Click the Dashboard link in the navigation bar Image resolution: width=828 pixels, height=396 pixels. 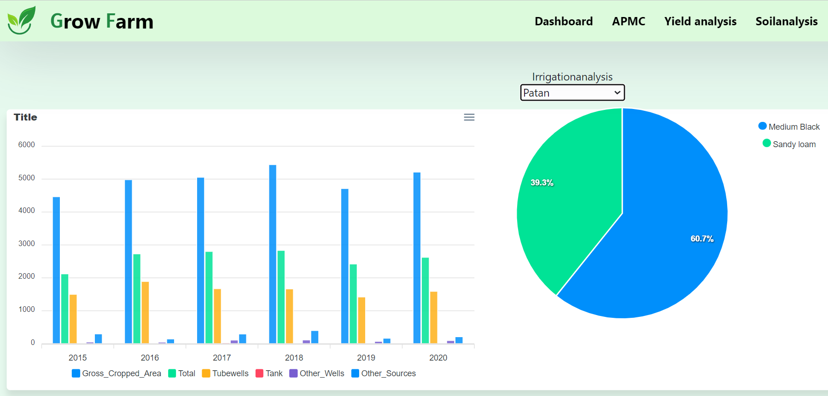pos(563,21)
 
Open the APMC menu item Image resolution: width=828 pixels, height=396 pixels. pos(628,21)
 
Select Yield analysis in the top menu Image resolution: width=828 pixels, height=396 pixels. pos(700,21)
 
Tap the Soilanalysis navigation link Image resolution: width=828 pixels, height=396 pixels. pos(786,21)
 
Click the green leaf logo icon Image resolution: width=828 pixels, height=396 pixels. pos(21,20)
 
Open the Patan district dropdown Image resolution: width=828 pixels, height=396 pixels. pos(572,92)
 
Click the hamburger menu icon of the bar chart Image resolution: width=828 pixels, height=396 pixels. pos(469,117)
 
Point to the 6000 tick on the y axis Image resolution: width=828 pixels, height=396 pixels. pos(27,145)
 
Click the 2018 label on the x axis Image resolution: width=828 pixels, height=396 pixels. pos(294,358)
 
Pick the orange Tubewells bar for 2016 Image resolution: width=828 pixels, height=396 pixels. pos(145,312)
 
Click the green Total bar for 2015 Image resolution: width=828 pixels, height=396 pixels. pos(65,309)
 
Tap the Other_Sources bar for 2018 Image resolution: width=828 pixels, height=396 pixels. pos(315,337)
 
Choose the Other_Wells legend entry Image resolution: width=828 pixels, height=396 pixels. pos(317,373)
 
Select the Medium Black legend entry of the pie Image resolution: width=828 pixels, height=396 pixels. pos(789,126)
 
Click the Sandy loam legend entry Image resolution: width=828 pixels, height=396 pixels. pos(789,144)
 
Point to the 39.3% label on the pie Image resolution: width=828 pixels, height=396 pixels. pos(542,183)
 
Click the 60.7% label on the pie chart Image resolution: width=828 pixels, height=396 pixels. pos(702,239)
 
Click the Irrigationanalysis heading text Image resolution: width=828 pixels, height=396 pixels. pos(572,77)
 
